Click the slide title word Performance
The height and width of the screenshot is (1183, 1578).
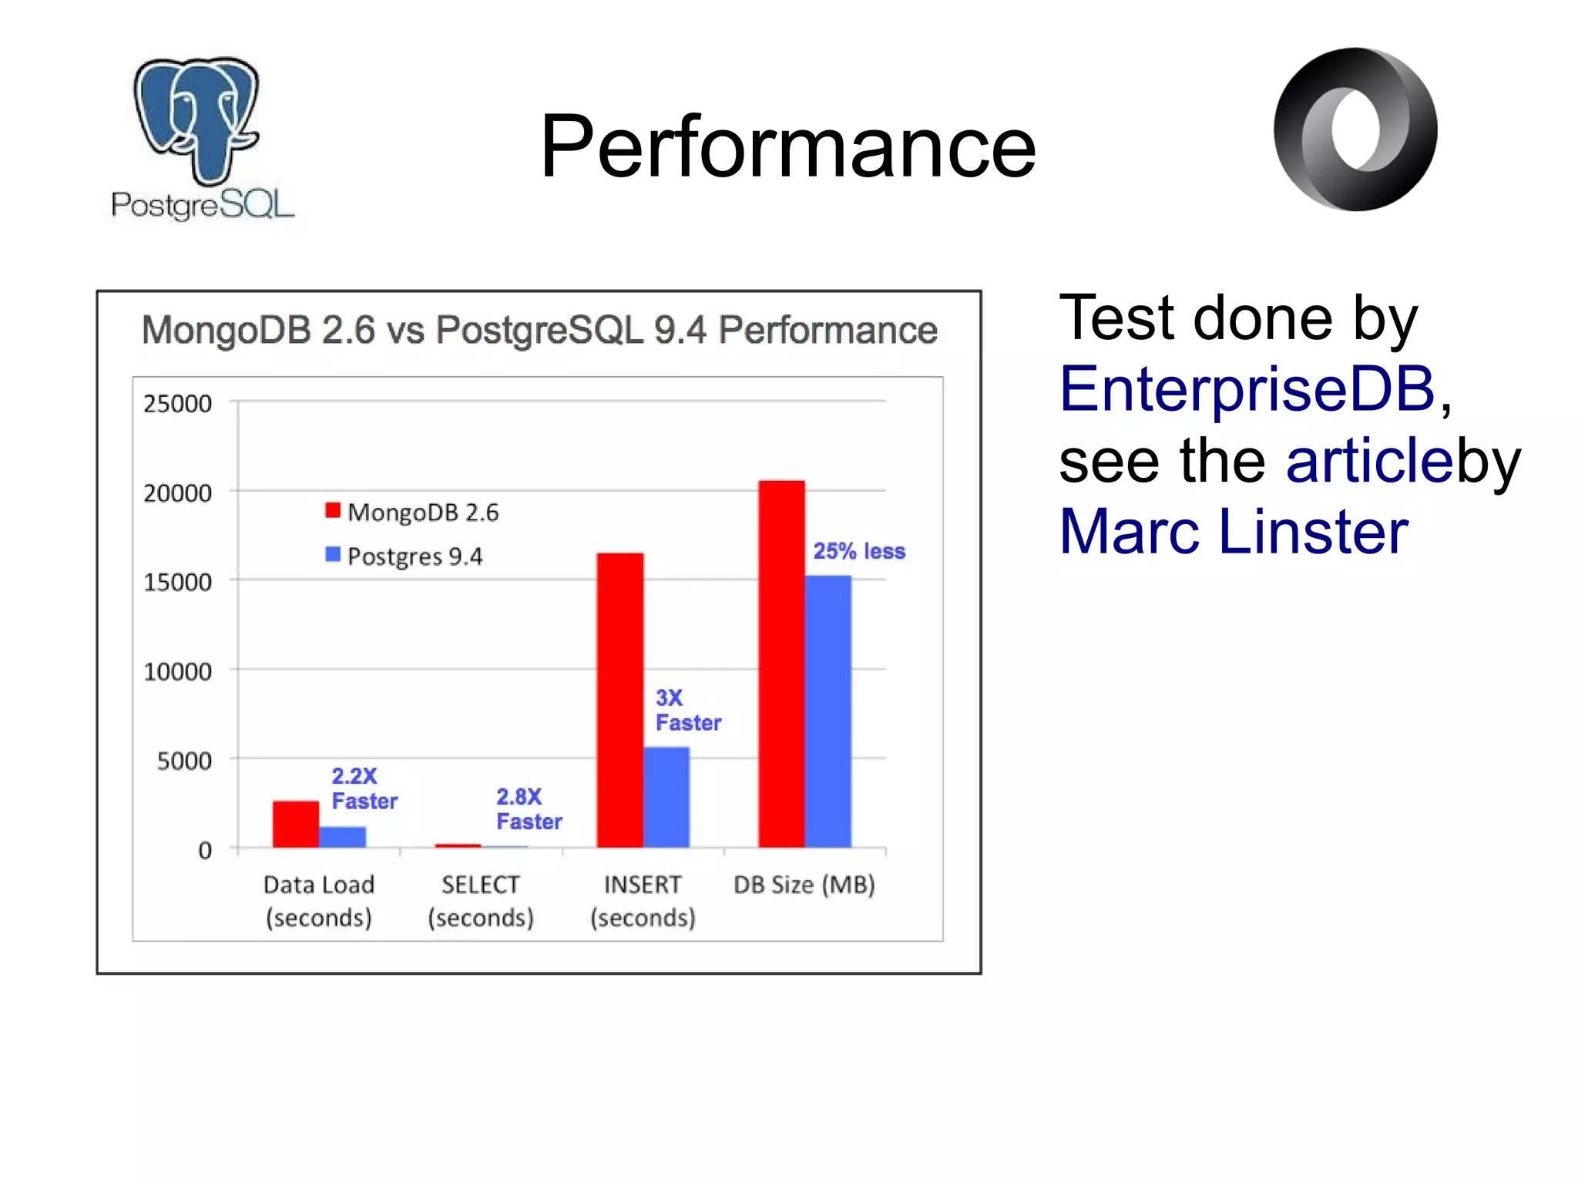[787, 146]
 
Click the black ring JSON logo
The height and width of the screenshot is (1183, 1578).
[1355, 129]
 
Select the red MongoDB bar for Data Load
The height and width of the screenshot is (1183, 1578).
[296, 824]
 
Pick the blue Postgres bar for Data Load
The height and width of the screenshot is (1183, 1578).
[343, 837]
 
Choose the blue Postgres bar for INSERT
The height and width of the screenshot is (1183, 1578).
[666, 797]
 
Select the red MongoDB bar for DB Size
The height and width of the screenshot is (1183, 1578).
[781, 664]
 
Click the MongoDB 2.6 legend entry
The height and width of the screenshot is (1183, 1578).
[413, 513]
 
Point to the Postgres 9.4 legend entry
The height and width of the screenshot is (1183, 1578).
[405, 556]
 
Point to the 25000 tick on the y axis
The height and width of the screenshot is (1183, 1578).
[177, 403]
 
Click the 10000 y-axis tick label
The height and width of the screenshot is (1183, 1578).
[177, 671]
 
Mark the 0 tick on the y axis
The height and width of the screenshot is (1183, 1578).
[204, 850]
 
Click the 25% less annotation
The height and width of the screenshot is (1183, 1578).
[859, 551]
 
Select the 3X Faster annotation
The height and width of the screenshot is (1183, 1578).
[687, 710]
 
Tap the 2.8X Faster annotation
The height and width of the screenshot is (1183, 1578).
[529, 808]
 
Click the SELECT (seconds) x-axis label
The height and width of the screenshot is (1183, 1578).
[481, 900]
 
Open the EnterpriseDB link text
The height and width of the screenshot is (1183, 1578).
[1247, 388]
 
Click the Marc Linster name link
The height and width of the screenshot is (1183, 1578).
[1234, 531]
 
